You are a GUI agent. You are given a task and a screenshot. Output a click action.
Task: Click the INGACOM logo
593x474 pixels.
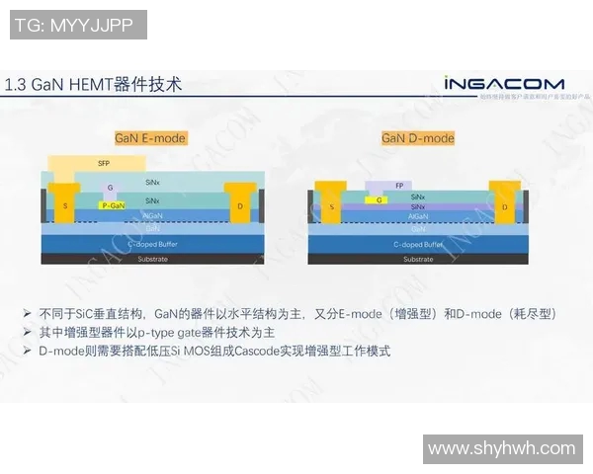[x=503, y=84]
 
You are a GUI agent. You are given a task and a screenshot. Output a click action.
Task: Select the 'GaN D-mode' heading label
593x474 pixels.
[x=417, y=138]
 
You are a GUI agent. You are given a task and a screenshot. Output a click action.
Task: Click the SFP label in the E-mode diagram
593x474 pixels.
[x=103, y=162]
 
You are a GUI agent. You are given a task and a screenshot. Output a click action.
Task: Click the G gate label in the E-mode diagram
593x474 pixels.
[x=110, y=187]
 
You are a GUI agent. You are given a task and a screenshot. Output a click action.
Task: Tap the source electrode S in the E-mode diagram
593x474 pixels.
[x=65, y=204]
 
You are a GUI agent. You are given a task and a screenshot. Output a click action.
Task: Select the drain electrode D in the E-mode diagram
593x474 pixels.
[x=241, y=204]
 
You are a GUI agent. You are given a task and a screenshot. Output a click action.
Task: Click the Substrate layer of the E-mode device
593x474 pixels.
[x=152, y=259]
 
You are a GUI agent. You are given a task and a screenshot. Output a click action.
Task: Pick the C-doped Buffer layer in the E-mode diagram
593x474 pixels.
[x=152, y=243]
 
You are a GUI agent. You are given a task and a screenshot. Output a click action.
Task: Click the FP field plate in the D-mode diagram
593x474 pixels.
[x=399, y=185]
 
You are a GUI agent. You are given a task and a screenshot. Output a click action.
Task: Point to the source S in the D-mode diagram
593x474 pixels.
[x=331, y=206]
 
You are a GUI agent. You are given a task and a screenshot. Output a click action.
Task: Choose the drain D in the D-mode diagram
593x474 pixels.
[x=504, y=206]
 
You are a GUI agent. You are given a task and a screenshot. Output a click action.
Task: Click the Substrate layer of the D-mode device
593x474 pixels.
[x=417, y=259]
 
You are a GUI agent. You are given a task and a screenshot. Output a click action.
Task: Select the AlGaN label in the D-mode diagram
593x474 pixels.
[x=419, y=215]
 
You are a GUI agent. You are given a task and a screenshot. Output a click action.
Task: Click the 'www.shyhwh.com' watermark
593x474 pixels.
[x=501, y=449]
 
